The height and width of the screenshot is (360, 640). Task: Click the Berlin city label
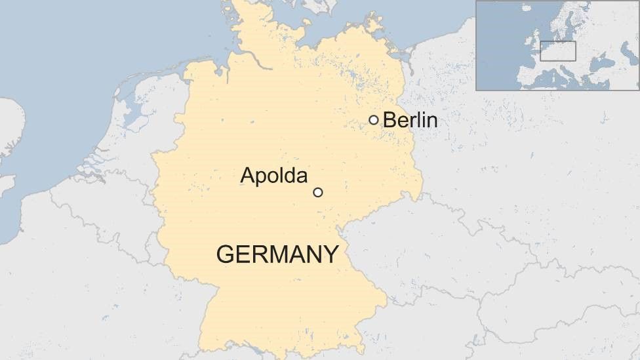coord(410,120)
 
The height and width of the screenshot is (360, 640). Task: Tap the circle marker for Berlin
coord(373,119)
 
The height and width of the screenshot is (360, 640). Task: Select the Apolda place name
coord(273,175)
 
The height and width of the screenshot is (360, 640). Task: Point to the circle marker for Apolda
coord(318,192)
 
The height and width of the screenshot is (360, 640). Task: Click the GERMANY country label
coord(277,254)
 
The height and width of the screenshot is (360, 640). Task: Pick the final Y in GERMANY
coord(331,254)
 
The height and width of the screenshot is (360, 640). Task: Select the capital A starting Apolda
coord(247,175)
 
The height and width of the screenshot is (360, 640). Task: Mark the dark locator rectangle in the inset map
coord(557,50)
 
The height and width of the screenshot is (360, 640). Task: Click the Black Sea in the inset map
coord(601,64)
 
